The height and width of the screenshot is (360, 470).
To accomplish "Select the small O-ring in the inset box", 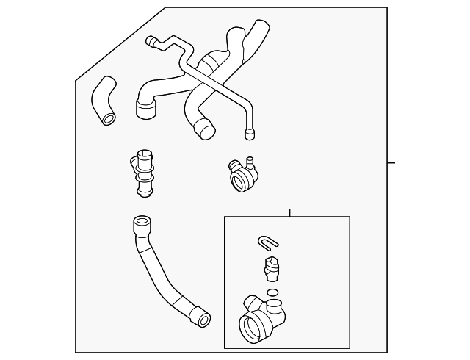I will coord(272,292).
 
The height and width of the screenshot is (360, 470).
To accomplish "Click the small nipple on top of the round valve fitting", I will coord(250,159).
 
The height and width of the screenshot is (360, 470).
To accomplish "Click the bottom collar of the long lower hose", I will coord(200,318).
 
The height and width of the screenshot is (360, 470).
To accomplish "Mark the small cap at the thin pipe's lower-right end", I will coord(250,134).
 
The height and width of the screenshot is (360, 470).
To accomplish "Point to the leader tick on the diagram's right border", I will coord(391,162).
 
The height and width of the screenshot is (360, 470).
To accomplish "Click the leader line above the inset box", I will coord(290,212).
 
